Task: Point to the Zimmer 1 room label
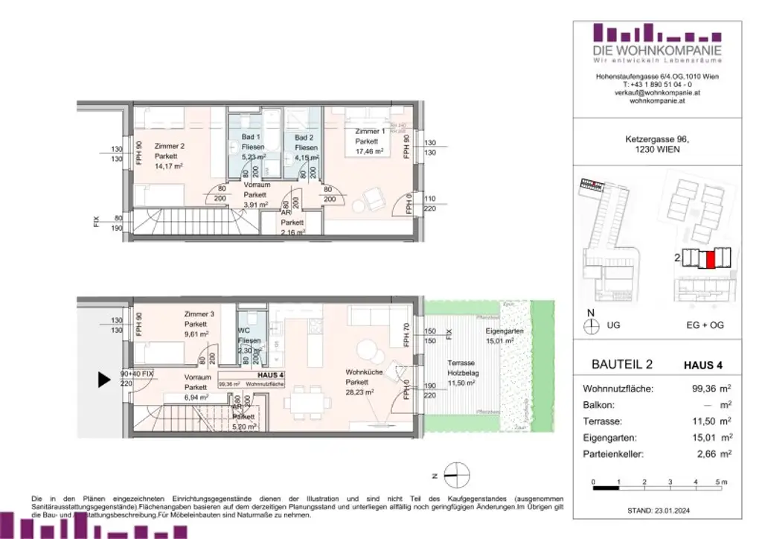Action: pos(370,131)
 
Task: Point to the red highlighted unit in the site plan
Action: pos(710,260)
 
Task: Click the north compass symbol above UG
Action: pos(592,325)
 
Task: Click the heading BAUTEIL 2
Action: pos(621,365)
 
